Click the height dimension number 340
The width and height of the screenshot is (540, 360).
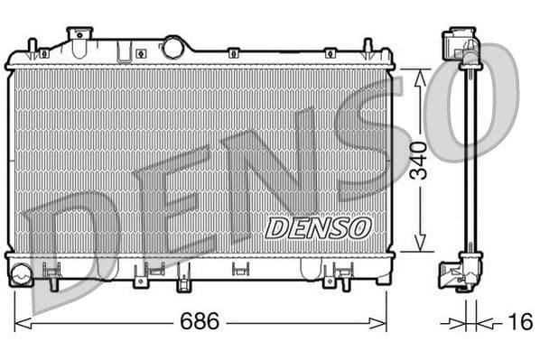(x=418, y=161)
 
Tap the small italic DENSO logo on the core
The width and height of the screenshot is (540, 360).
(x=318, y=227)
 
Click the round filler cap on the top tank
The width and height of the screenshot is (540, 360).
(x=173, y=47)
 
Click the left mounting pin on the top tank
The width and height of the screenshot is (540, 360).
(x=33, y=47)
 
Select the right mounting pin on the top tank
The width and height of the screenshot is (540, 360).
(x=368, y=47)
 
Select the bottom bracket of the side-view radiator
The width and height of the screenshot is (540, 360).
(x=460, y=271)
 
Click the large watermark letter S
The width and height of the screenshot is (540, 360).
(x=361, y=144)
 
